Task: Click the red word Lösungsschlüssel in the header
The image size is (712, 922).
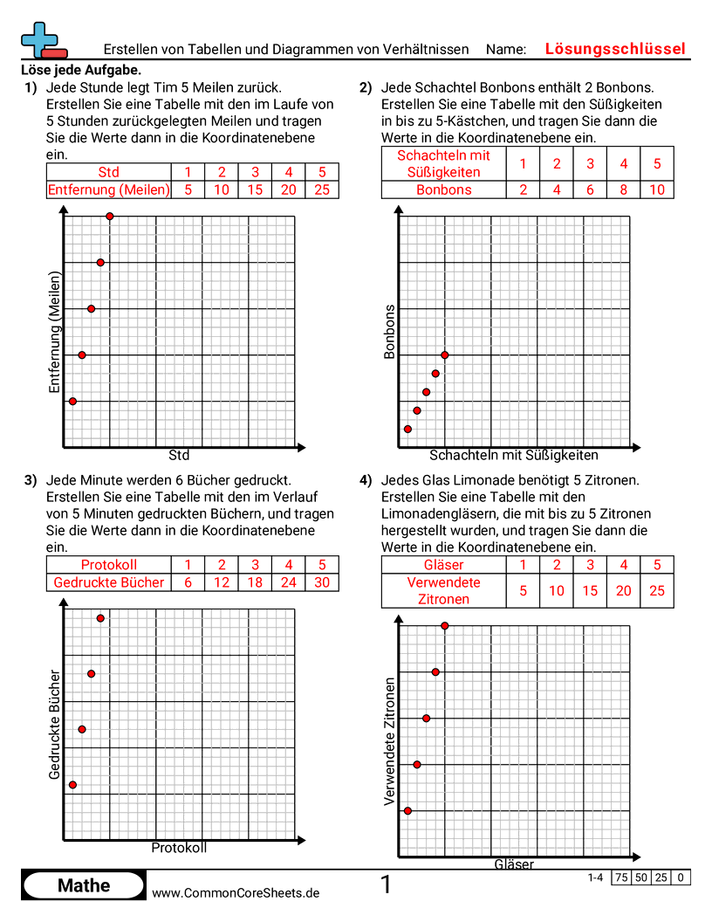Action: coord(615,49)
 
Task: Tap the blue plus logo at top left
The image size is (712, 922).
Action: coord(38,38)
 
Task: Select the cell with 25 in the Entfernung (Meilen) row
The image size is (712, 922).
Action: coord(322,189)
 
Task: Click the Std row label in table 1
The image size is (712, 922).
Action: coord(108,172)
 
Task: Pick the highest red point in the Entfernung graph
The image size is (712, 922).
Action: coord(110,216)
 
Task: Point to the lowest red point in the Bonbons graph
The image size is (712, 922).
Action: coord(407,429)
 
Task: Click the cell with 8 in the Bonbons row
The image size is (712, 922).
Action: coord(623,189)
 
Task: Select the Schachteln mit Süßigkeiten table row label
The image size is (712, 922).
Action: coord(443,163)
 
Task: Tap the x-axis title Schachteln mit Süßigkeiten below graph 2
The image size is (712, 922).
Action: coord(514,455)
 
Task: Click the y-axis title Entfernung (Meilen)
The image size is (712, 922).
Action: coord(55,332)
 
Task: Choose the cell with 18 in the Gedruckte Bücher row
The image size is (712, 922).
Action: coord(256,582)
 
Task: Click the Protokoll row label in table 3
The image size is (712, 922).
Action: coord(108,565)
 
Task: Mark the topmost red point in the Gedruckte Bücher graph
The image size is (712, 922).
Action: coord(100,618)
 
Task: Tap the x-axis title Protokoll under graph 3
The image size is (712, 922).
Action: coord(179,848)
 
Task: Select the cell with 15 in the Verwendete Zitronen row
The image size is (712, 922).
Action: coord(590,590)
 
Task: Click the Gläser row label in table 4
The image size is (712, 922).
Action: coord(443,565)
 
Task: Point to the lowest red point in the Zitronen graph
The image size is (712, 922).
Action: coord(407,811)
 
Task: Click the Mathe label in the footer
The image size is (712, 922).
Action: coord(84,885)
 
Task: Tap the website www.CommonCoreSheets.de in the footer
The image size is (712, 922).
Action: coord(236,892)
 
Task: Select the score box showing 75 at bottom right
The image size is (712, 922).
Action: coord(621,877)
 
